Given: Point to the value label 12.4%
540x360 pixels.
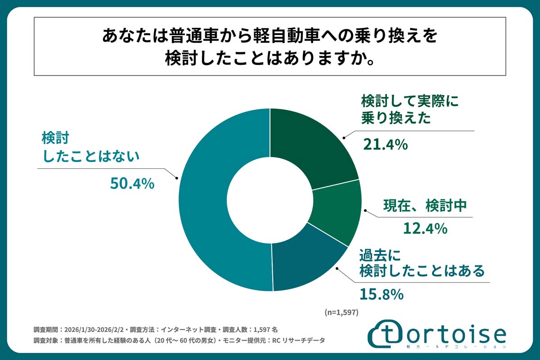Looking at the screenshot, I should pyautogui.click(x=424, y=229).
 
